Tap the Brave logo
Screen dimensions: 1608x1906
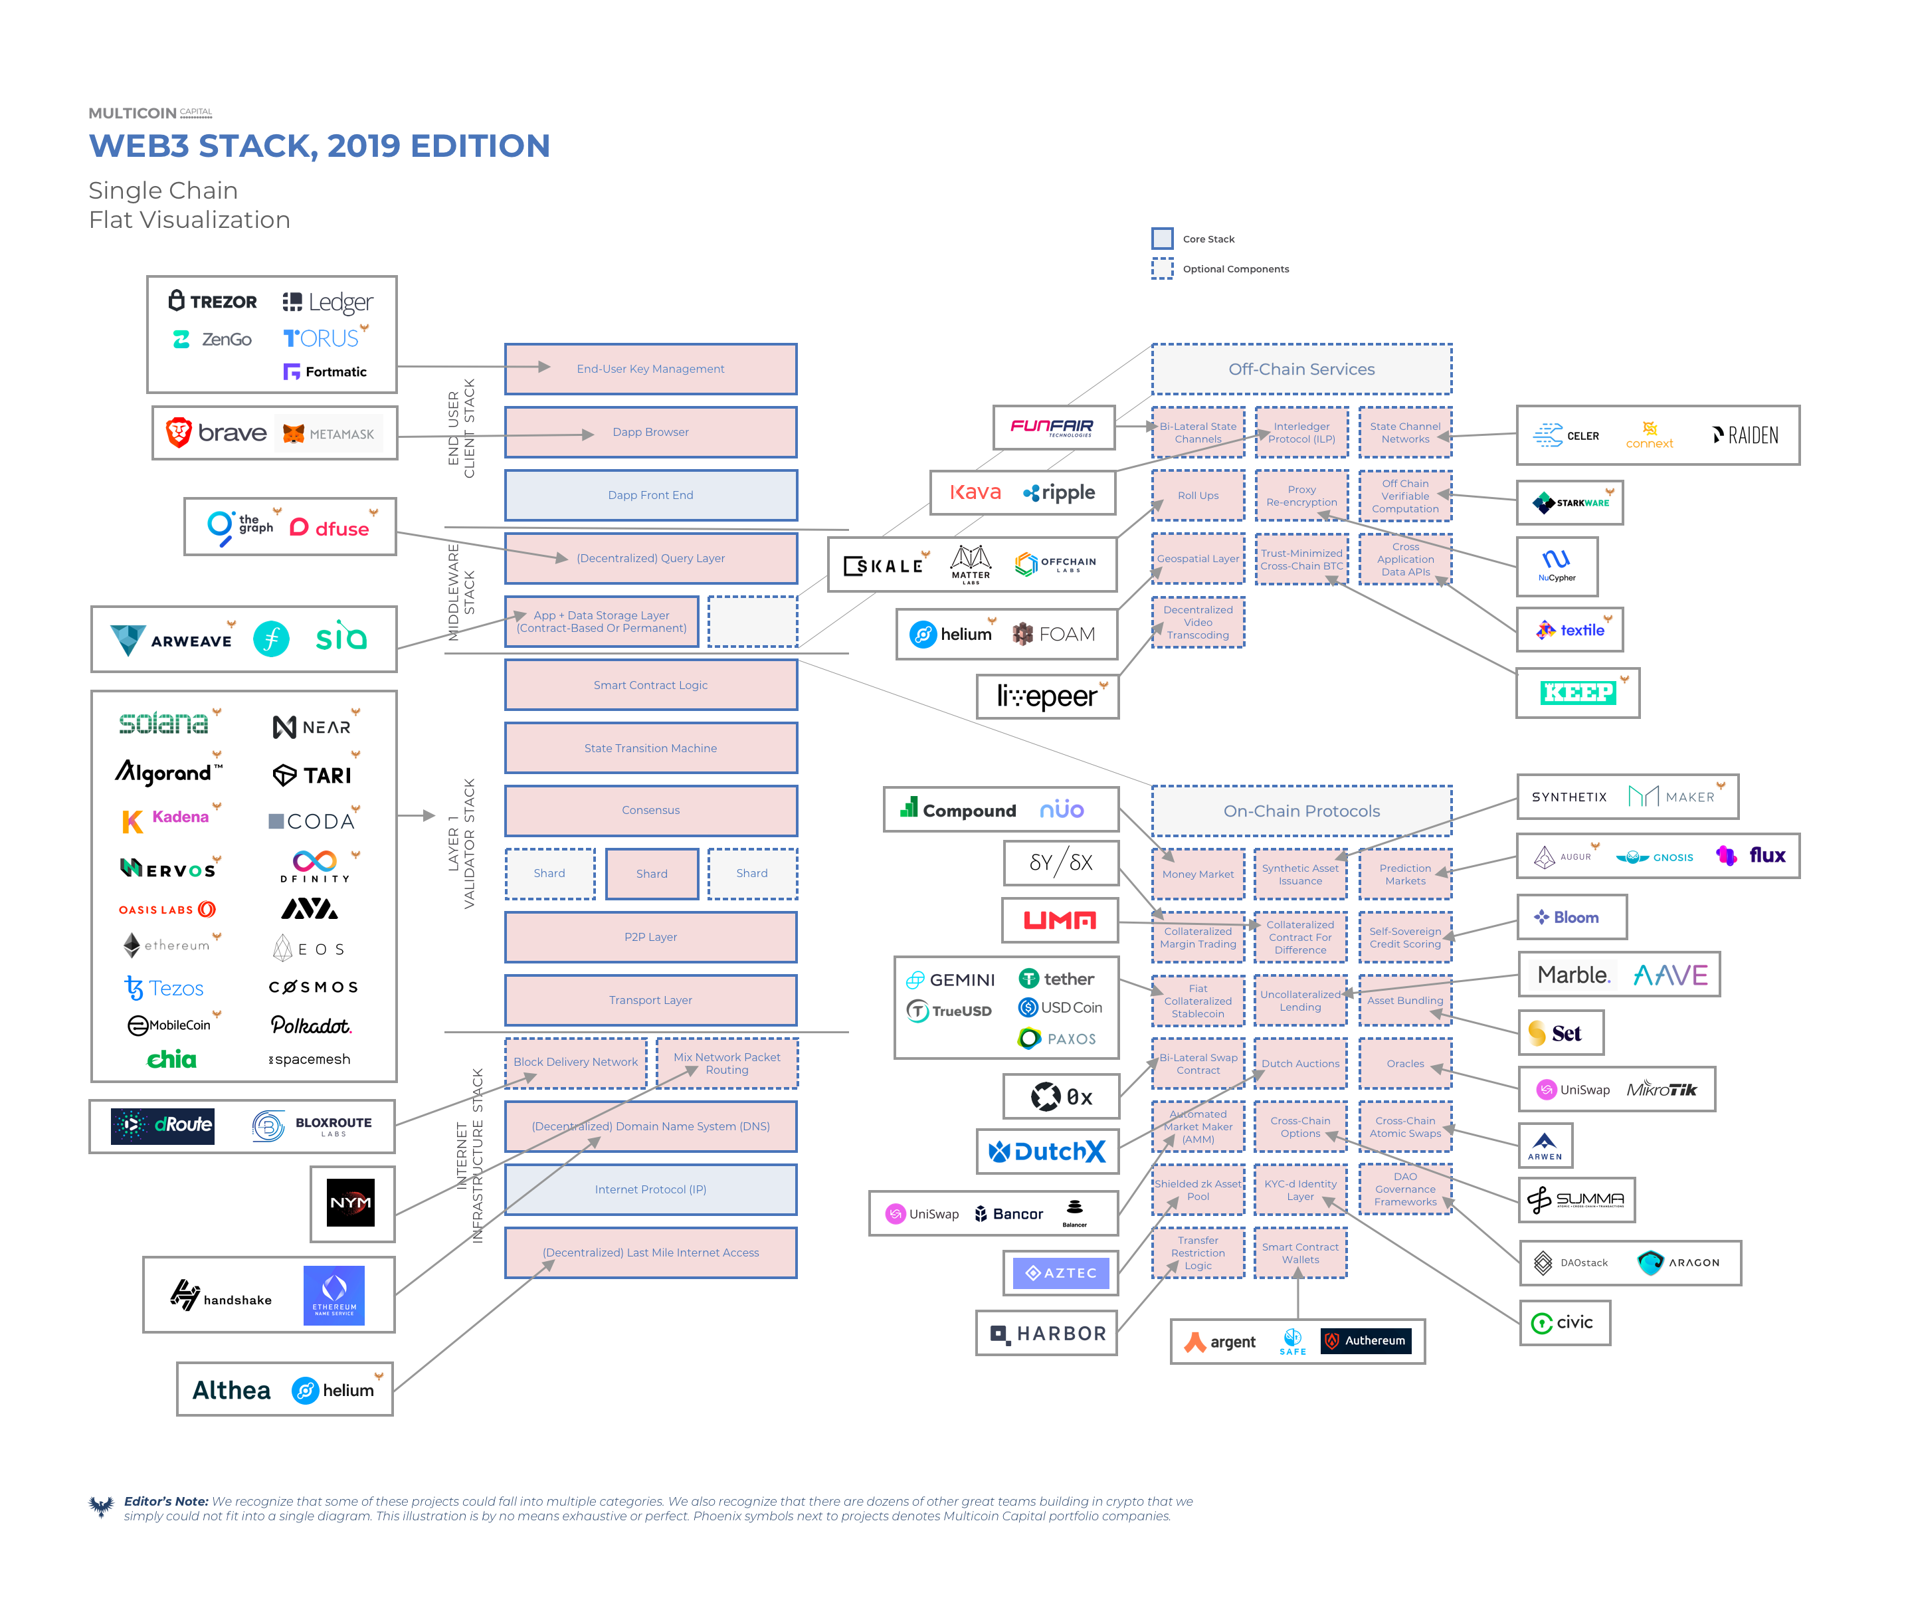tap(216, 433)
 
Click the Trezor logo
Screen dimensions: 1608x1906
tap(213, 301)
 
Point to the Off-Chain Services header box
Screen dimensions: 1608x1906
tap(1301, 369)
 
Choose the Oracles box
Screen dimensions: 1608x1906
tap(1404, 1064)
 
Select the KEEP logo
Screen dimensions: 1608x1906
tap(1577, 693)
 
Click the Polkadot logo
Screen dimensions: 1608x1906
tap(310, 1025)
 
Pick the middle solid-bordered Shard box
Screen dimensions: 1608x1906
tap(652, 873)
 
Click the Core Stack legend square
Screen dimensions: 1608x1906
tap(1161, 239)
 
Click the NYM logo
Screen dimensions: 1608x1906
tap(351, 1203)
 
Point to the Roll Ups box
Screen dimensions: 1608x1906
tap(1198, 496)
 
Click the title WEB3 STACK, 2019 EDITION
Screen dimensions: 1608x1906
tap(319, 146)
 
